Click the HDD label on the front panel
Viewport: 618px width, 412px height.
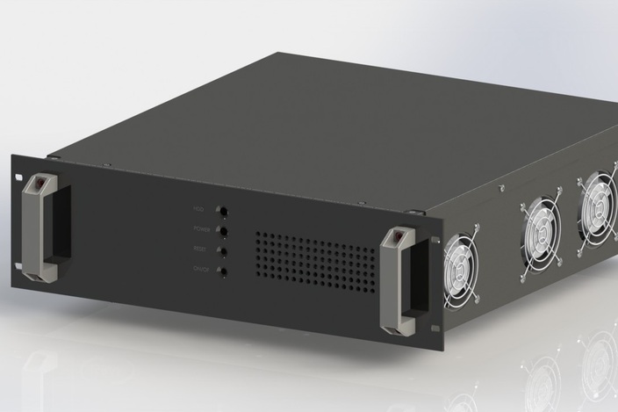pyautogui.click(x=198, y=209)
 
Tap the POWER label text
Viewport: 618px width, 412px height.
pyautogui.click(x=201, y=229)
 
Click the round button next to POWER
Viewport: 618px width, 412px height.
pyautogui.click(x=223, y=231)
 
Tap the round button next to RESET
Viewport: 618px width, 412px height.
pyautogui.click(x=223, y=252)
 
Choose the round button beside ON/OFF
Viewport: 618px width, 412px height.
pyautogui.click(x=223, y=273)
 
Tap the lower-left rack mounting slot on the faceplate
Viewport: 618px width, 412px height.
pyautogui.click(x=19, y=264)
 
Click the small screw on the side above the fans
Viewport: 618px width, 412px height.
pyautogui.click(x=501, y=187)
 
